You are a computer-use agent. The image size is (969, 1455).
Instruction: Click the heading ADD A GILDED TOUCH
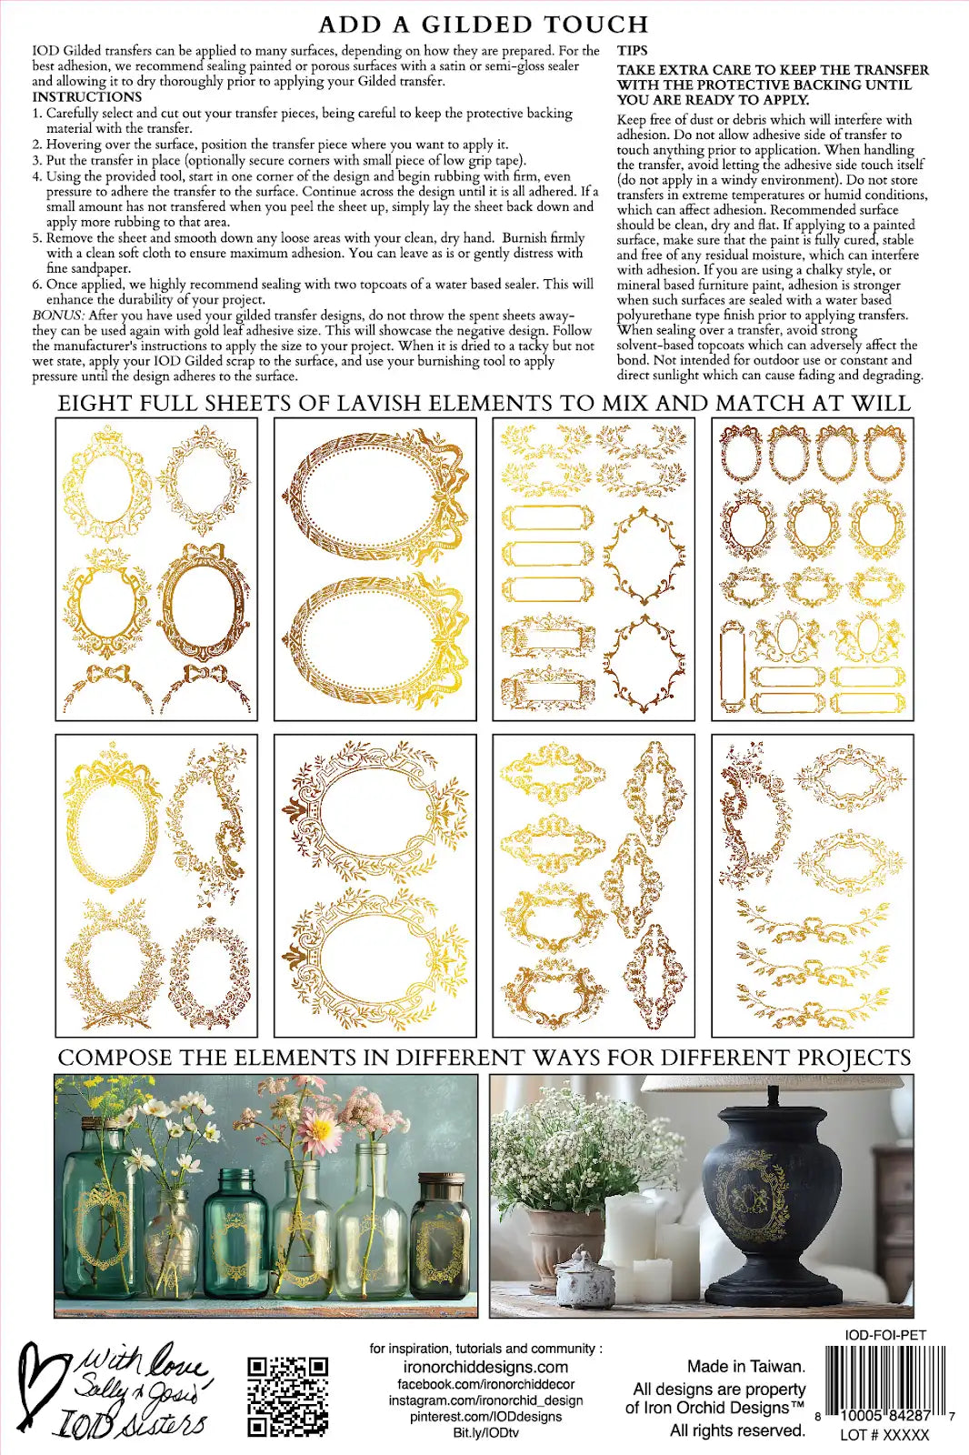(484, 25)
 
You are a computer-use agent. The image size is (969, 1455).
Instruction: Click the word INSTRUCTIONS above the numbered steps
(87, 96)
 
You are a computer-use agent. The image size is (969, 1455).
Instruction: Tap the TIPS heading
(633, 51)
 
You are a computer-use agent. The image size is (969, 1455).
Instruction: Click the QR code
(287, 1397)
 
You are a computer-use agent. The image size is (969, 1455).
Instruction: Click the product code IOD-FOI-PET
(885, 1335)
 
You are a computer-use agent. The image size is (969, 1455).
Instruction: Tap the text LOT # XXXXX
(884, 1435)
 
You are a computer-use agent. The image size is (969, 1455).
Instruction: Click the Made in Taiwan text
(745, 1366)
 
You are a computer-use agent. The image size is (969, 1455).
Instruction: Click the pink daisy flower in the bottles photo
(320, 1131)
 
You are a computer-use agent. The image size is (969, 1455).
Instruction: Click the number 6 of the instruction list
(37, 285)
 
